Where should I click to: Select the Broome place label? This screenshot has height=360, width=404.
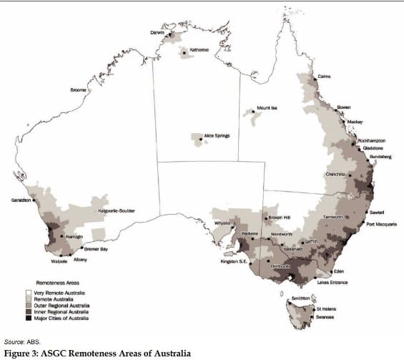(78, 90)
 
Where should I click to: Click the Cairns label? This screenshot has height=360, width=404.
(324, 76)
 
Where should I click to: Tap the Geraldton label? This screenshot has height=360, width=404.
(21, 200)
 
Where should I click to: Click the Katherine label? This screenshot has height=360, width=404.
(199, 50)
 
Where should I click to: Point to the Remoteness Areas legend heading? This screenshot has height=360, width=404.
(54, 283)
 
